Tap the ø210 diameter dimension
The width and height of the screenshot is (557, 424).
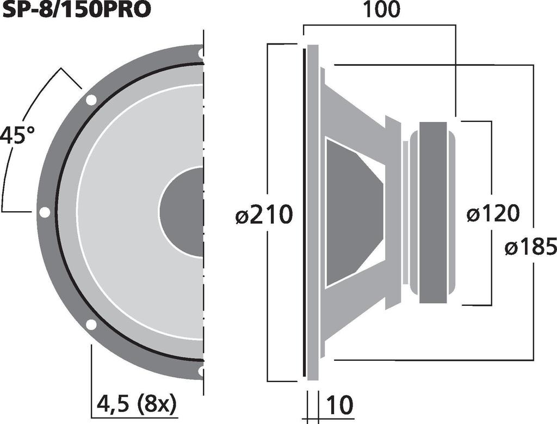click(x=264, y=216)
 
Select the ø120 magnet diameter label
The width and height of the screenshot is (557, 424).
click(x=493, y=214)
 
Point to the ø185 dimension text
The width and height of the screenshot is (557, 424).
click(x=530, y=248)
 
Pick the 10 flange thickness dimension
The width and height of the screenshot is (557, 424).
click(x=339, y=405)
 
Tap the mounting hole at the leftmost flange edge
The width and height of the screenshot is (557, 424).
click(x=45, y=212)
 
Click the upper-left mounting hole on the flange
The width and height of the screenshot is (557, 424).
click(x=91, y=100)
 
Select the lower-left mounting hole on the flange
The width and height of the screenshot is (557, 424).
click(x=91, y=324)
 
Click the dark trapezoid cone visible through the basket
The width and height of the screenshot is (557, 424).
click(x=351, y=212)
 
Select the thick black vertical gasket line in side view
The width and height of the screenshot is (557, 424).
click(x=303, y=212)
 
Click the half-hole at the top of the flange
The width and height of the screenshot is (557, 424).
click(x=201, y=53)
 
